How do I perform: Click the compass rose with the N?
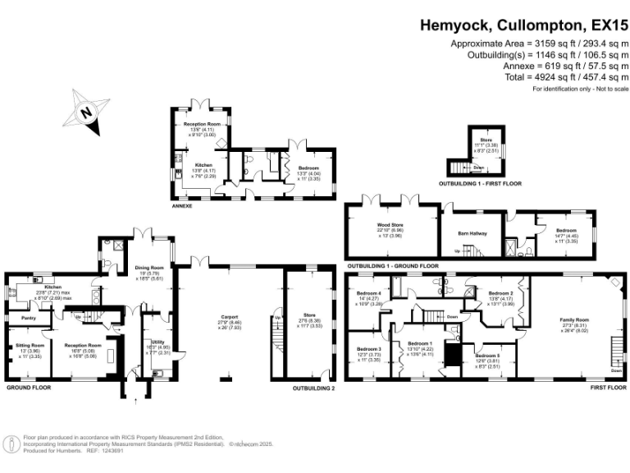(89, 113)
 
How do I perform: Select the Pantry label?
(25, 316)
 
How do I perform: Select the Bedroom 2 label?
(500, 293)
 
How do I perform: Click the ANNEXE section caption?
(182, 206)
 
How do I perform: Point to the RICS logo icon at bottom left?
(12, 444)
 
